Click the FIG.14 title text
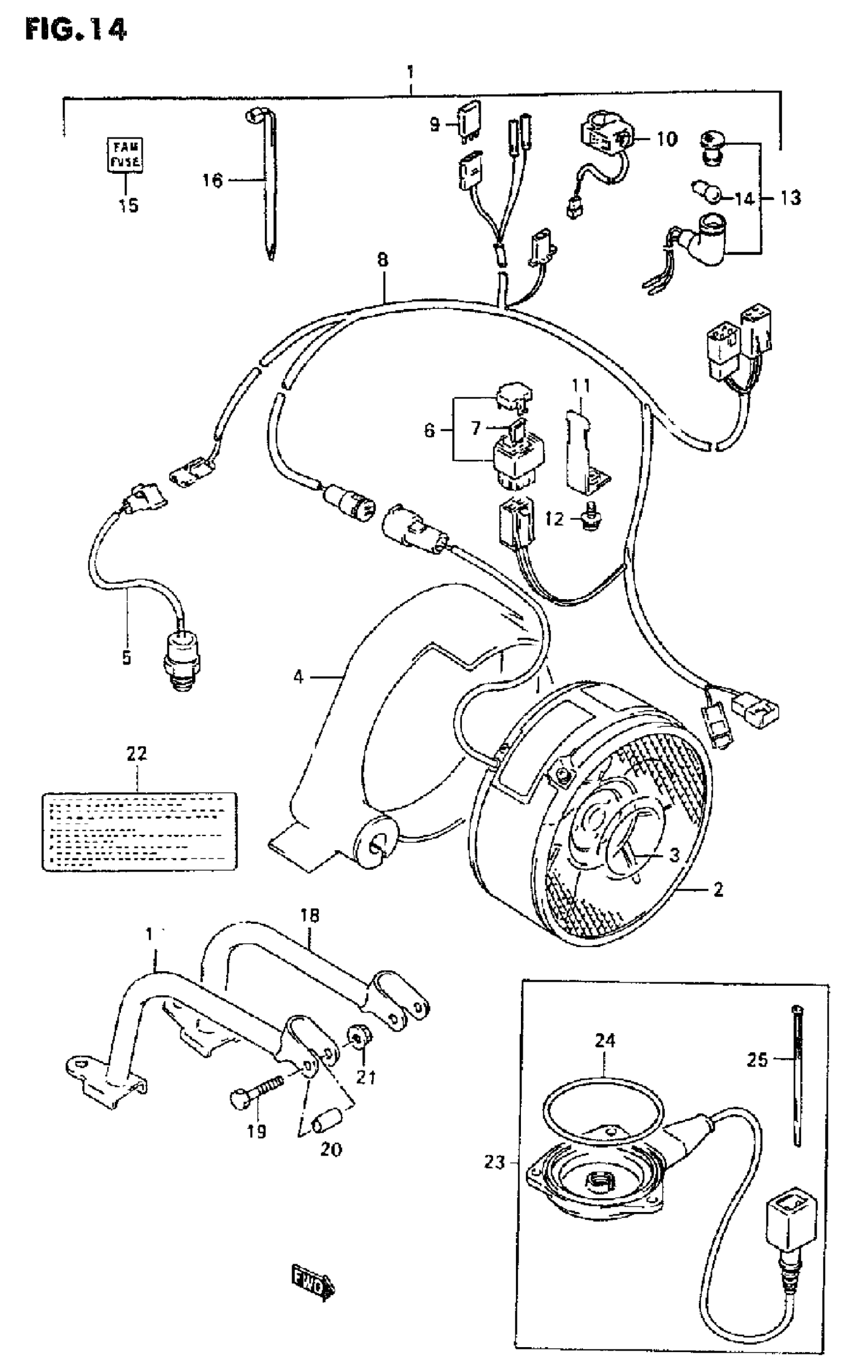click(76, 29)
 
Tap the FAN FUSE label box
click(126, 155)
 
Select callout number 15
click(129, 205)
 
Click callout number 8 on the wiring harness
click(382, 260)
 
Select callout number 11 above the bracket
click(581, 387)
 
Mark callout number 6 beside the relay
click(429, 430)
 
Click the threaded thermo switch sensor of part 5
click(182, 663)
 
